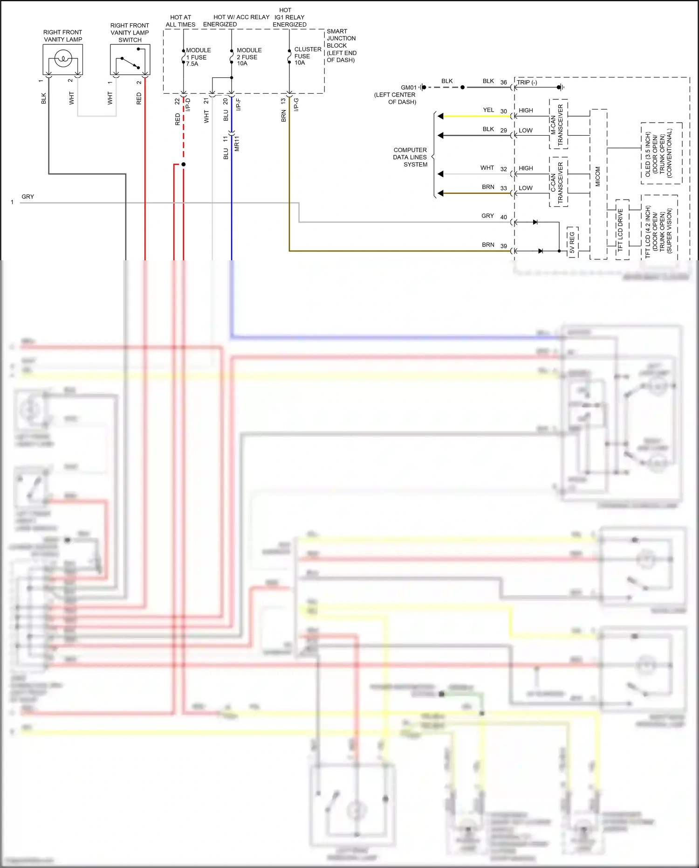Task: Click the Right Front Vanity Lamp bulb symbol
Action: (62, 59)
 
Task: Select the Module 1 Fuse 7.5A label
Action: (198, 57)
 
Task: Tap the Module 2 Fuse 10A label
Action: (249, 57)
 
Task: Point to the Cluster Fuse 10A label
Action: (307, 56)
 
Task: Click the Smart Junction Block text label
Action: (341, 46)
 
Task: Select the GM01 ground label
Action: (408, 88)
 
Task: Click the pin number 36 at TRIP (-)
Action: (503, 82)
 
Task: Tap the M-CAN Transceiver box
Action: (558, 124)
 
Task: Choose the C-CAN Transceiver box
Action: (558, 182)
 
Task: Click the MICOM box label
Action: (598, 177)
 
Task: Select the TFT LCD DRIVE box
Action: (621, 229)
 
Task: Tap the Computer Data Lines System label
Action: (410, 157)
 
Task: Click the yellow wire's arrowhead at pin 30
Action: (440, 116)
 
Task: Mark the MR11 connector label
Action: (237, 144)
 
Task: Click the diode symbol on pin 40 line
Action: (535, 222)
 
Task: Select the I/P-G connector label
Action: (296, 104)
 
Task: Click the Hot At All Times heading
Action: (180, 21)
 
